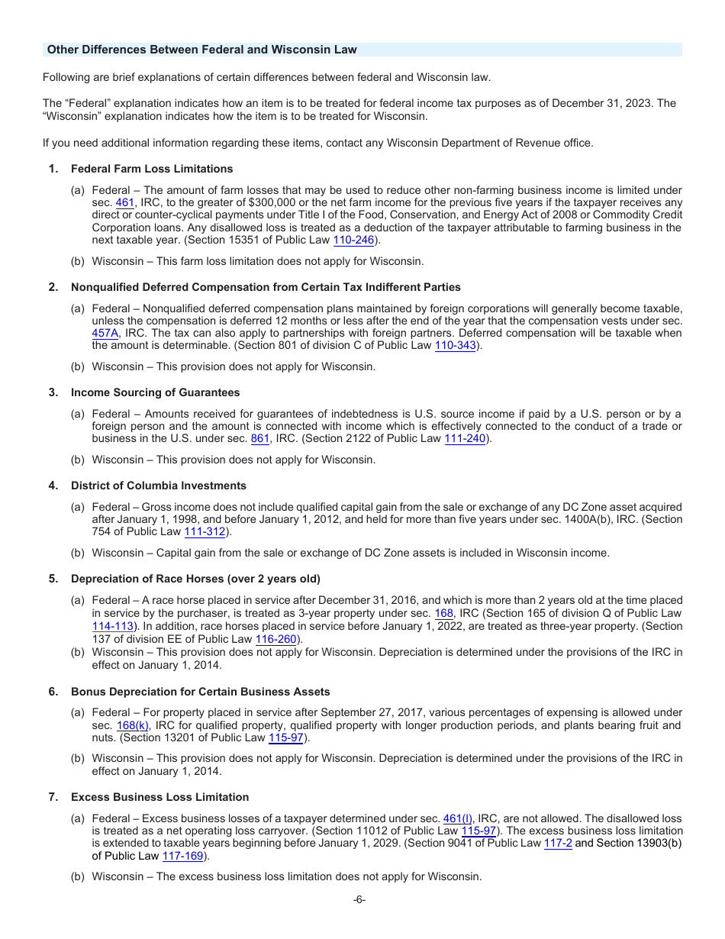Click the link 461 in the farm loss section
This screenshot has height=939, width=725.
pyautogui.click(x=124, y=203)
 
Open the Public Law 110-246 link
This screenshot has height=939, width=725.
pyautogui.click(x=353, y=240)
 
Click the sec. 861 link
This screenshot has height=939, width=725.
pyautogui.click(x=259, y=438)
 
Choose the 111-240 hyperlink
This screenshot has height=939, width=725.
pyautogui.click(x=465, y=438)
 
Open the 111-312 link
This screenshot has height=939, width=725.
pyautogui.click(x=205, y=531)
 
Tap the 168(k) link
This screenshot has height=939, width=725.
pyautogui.click(x=134, y=725)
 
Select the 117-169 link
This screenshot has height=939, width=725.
pyautogui.click(x=183, y=856)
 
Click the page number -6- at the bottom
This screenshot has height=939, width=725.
pyautogui.click(x=359, y=899)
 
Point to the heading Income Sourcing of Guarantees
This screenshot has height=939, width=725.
pyautogui.click(x=155, y=392)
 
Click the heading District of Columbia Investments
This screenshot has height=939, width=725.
pyautogui.click(x=159, y=486)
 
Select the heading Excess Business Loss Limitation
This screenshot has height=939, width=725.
pyautogui.click(x=159, y=797)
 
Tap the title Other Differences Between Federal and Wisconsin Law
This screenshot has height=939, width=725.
pyautogui.click(x=201, y=50)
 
